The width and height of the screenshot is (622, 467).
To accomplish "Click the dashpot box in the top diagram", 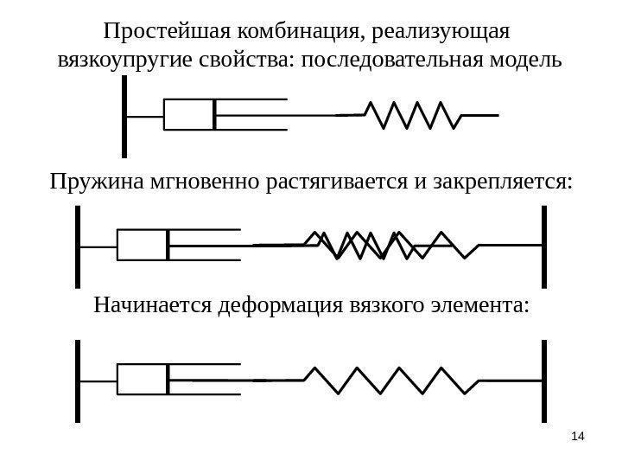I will coord(188,114).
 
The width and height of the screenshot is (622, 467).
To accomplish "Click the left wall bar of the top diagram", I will coord(125,116).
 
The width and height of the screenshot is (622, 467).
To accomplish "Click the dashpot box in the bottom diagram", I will coord(142,379).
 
